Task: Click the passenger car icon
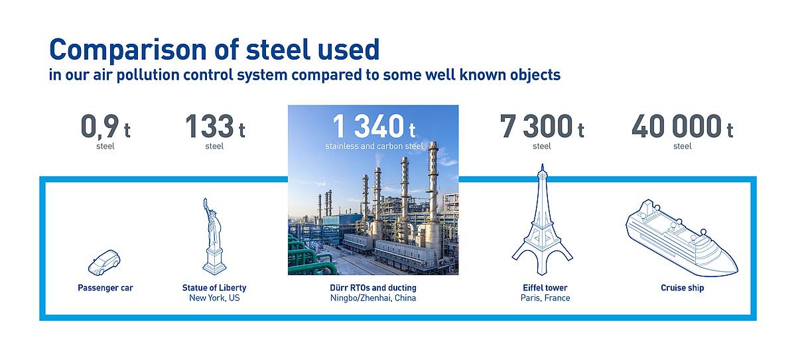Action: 104,263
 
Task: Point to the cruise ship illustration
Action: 682,238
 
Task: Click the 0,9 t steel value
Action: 105,127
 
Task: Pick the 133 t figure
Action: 215,127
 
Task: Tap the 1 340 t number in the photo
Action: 374,126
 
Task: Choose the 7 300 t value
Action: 542,127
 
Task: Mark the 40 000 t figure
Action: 683,127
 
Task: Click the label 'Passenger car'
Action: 105,288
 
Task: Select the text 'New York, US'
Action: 214,298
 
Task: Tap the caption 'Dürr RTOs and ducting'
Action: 373,288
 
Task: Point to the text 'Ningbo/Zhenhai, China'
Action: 373,298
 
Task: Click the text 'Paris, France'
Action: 545,298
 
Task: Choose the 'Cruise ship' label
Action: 683,288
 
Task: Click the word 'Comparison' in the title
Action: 128,50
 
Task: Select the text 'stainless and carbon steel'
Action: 374,146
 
